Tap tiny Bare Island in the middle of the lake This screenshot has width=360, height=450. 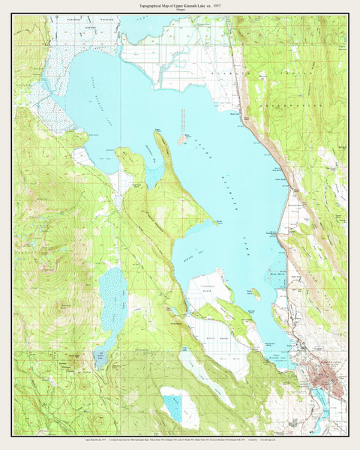[x=182, y=137]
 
